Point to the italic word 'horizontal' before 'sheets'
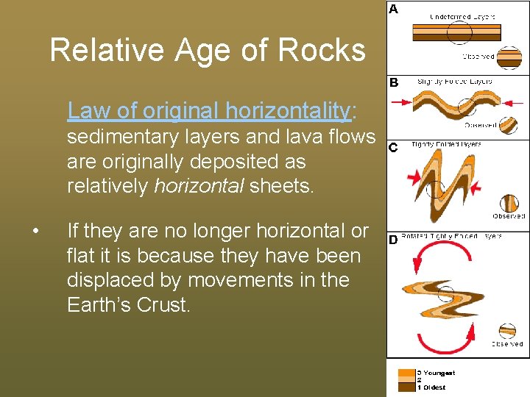[199, 185]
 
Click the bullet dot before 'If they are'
[35, 232]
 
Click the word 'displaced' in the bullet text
[113, 280]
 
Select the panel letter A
[394, 10]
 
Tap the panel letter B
[394, 83]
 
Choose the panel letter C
[393, 148]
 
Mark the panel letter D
[393, 240]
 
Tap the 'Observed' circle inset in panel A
[508, 58]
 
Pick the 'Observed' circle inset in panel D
[507, 332]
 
